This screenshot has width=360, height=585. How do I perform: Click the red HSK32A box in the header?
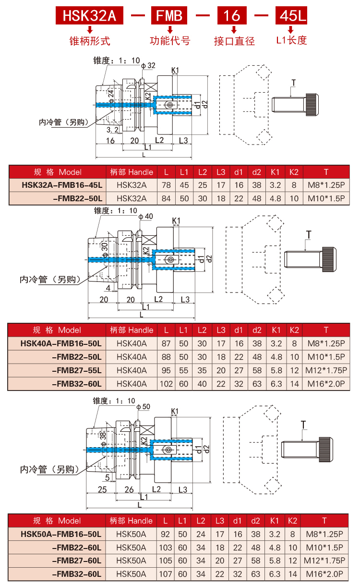coord(90,16)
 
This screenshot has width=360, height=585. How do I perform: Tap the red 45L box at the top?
coord(291,16)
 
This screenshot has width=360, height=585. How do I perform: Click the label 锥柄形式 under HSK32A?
coord(90,41)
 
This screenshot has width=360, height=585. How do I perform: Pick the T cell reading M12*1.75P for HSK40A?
coord(326,370)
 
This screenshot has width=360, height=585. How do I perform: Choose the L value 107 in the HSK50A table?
coord(166,573)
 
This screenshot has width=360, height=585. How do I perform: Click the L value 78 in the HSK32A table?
coord(166,184)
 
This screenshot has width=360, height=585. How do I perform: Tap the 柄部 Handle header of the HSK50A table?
coord(131,521)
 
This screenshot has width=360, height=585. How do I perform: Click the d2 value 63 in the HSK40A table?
coord(257,384)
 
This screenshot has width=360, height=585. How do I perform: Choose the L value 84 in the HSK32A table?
coord(166,198)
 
